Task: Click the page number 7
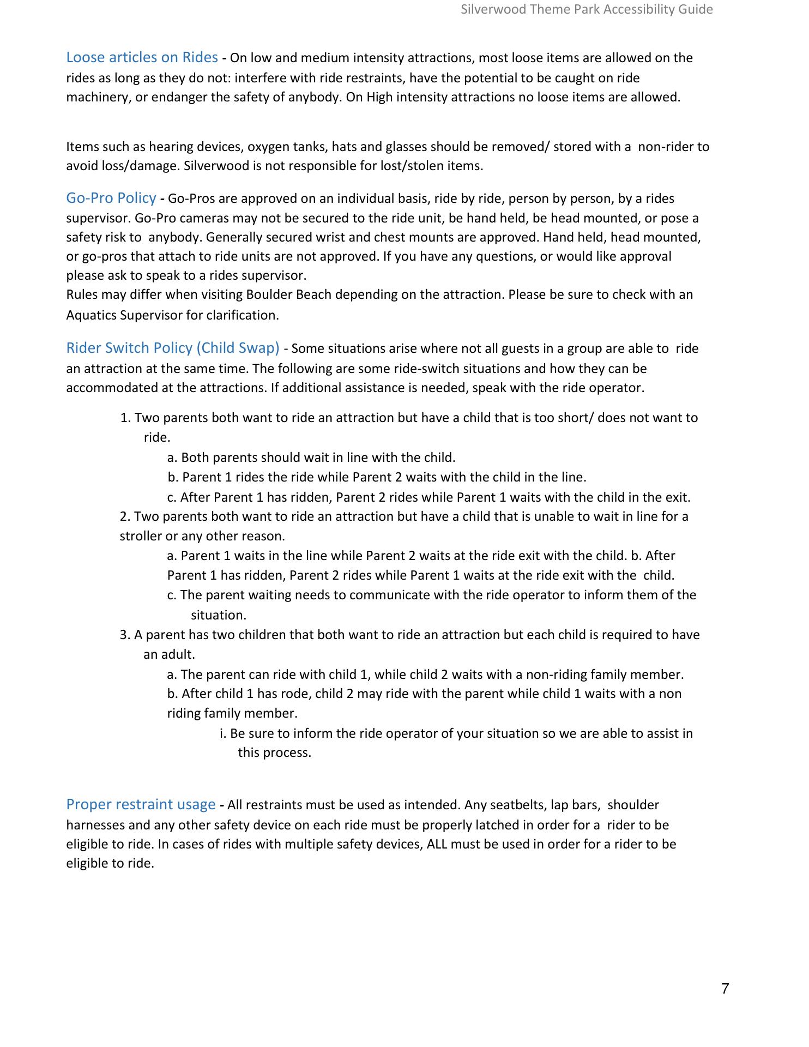[725, 988]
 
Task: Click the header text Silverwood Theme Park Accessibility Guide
[587, 9]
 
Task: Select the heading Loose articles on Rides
[142, 57]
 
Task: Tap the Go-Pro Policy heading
[111, 198]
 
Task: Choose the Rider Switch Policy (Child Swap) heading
[172, 348]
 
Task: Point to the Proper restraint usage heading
[141, 804]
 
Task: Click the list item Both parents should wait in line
[311, 457]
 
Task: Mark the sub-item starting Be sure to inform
[456, 733]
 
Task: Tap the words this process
[274, 753]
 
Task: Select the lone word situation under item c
[218, 615]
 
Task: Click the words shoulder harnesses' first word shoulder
[633, 805]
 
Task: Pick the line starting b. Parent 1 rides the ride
[377, 477]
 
